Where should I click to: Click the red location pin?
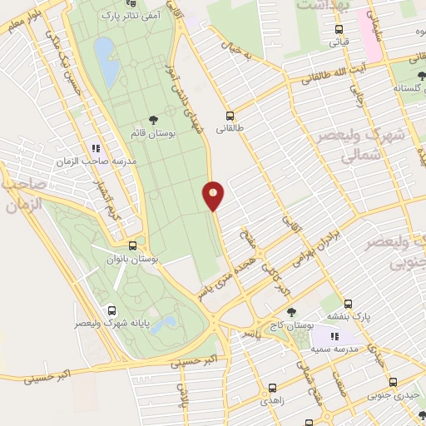coord(214,196)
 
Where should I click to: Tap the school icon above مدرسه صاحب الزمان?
coord(95,148)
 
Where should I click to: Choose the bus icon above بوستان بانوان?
coord(133,246)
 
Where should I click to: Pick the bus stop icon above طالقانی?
coord(229,116)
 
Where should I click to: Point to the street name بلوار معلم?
coord(18,15)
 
